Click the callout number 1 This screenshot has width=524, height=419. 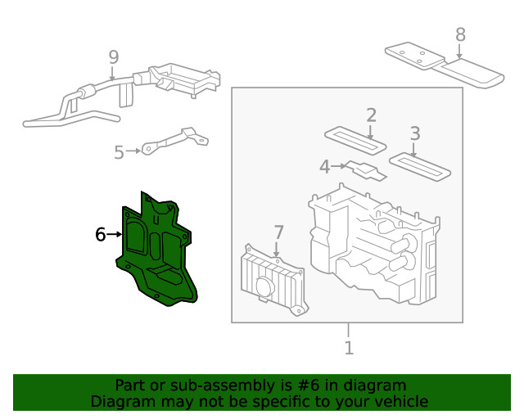click(349, 348)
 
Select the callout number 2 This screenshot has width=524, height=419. click(371, 115)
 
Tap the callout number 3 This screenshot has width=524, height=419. click(415, 133)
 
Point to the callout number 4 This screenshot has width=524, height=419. click(324, 167)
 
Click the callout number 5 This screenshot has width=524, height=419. click(119, 152)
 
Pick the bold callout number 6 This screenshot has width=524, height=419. click(101, 235)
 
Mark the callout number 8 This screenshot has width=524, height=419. click(460, 34)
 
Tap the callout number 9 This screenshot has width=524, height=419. click(113, 56)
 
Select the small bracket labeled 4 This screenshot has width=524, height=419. click(366, 170)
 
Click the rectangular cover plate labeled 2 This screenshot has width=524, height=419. click(355, 140)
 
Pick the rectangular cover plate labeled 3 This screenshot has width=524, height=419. click(420, 165)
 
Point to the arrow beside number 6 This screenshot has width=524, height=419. click(115, 235)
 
